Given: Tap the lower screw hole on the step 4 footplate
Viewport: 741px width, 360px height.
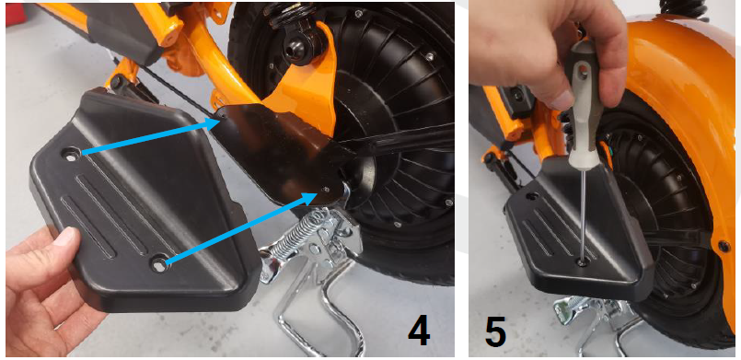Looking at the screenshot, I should pos(160,265).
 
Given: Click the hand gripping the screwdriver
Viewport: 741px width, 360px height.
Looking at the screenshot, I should pos(543,46).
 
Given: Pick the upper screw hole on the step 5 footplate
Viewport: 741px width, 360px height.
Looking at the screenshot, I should pos(531,196).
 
